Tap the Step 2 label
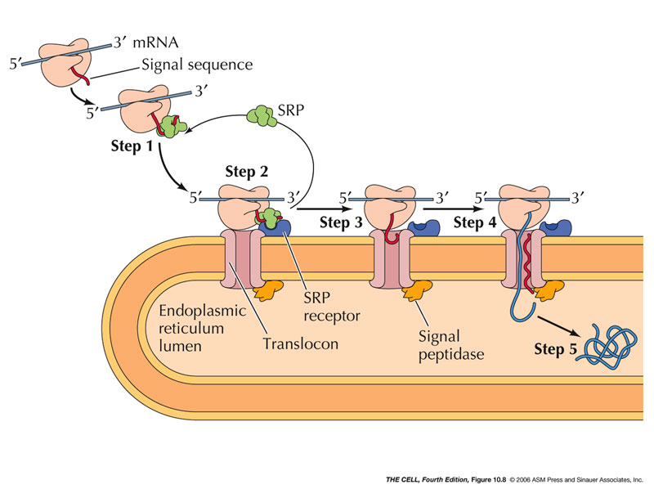click(x=246, y=173)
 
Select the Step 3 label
click(x=342, y=222)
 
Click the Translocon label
click(x=301, y=343)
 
